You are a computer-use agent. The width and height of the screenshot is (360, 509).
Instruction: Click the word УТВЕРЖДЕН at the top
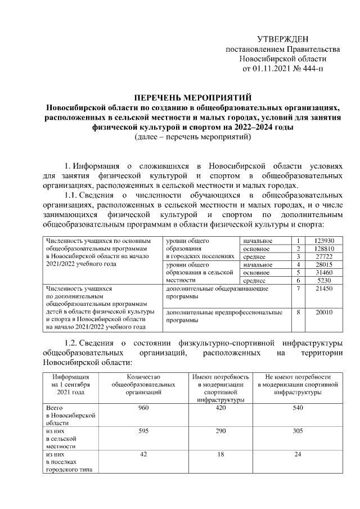282,39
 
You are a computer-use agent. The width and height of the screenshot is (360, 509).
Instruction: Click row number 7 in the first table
298,288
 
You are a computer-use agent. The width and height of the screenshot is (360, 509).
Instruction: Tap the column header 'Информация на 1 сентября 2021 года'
67,384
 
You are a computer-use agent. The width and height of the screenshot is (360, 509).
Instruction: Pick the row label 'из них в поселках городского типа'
65,461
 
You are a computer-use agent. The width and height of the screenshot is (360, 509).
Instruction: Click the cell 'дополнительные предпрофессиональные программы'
224,316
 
